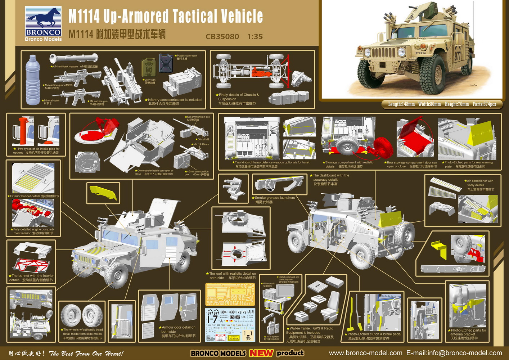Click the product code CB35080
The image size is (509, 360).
coord(222,37)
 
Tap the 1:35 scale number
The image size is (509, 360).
coord(255,37)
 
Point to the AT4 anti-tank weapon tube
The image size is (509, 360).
coord(74,58)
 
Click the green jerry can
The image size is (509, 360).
coord(148,67)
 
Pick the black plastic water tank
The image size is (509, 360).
coord(166,63)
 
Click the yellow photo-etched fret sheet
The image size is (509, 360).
coord(230,294)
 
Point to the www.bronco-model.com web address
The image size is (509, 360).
coord(365,353)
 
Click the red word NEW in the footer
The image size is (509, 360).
coord(261,353)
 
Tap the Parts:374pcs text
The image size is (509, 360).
coord(484,104)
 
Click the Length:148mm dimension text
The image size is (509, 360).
coord(401,104)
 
